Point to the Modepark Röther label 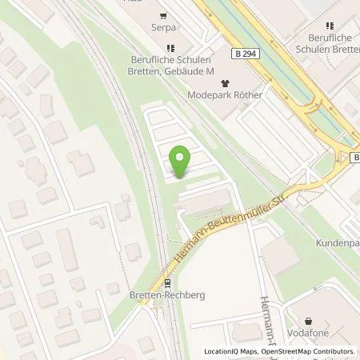click(x=226, y=94)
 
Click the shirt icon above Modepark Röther click(x=225, y=81)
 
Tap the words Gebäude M click(x=194, y=72)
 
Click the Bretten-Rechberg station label click(x=167, y=294)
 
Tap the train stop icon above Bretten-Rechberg click(x=167, y=282)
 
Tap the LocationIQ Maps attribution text click(x=229, y=351)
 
